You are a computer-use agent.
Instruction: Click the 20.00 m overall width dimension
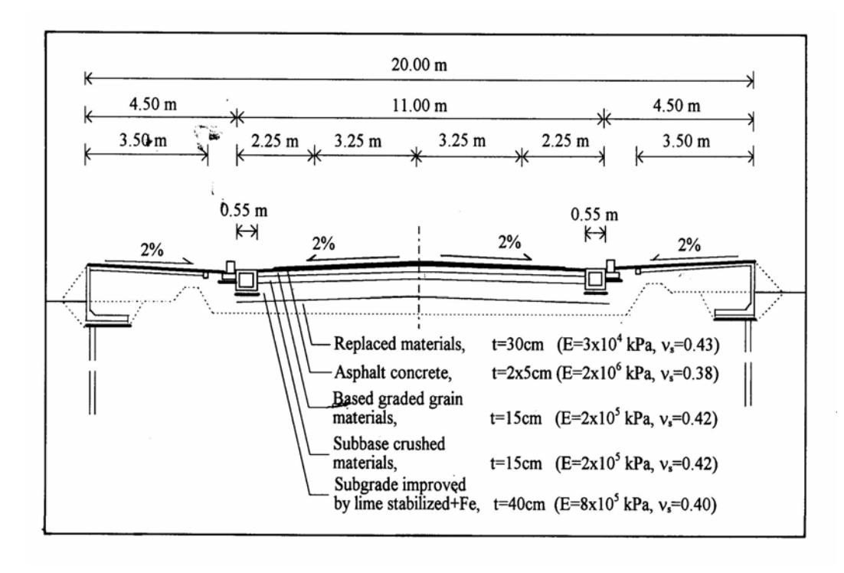pos(419,65)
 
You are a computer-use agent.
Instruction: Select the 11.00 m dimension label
pos(419,106)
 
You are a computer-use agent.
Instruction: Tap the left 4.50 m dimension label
pos(153,104)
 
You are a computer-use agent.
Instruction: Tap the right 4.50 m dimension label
pos(676,106)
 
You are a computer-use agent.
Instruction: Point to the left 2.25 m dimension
pos(274,141)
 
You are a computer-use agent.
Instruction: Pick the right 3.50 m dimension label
pos(685,141)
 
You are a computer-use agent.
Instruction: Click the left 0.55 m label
pos(244,209)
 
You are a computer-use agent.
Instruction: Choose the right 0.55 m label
pos(594,214)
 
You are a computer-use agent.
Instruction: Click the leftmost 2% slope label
pos(152,250)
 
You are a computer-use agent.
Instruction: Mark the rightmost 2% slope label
pos(689,245)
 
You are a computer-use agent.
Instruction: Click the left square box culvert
pos(247,280)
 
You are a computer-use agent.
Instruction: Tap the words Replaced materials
pos(399,344)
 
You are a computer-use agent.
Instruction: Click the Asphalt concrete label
pos(393,372)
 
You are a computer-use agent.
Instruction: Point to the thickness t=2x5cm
pos(522,372)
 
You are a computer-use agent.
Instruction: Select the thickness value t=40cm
pos(519,505)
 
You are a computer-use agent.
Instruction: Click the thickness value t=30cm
pos(517,344)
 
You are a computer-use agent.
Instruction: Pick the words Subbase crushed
pos(389,444)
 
